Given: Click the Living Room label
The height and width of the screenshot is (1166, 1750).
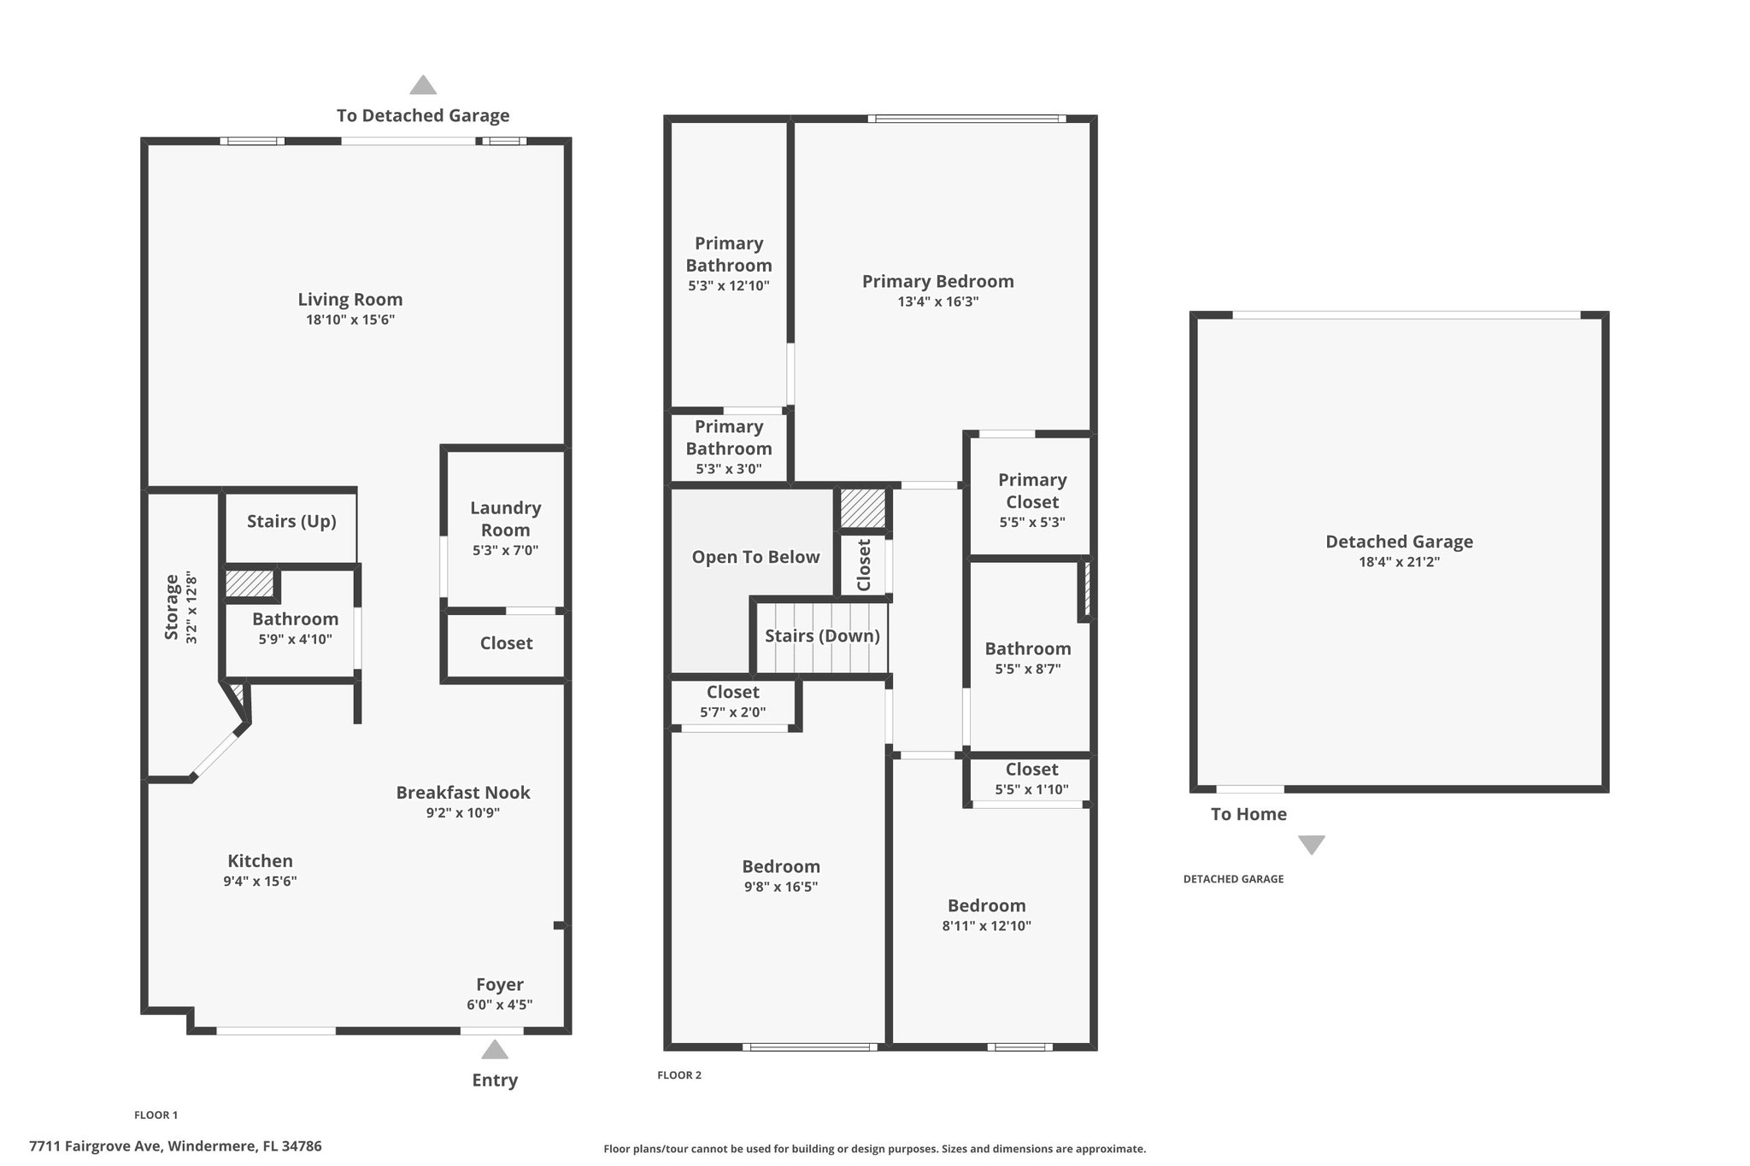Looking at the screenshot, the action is point(350,300).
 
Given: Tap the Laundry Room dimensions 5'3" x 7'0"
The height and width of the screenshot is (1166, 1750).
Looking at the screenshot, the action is point(505,551).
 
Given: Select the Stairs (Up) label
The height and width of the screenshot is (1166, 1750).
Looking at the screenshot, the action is point(291,522).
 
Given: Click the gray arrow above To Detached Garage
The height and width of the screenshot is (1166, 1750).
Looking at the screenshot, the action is point(423,85).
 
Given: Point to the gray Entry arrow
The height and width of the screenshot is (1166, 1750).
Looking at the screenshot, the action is point(495,1049).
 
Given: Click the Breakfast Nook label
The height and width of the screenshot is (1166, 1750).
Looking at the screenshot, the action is point(463,793).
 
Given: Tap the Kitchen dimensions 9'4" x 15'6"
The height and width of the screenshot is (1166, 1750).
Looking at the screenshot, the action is point(260,882).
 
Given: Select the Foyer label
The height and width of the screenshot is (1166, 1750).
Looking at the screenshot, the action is point(500,985).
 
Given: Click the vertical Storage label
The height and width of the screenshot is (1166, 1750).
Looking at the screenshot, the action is point(172,607).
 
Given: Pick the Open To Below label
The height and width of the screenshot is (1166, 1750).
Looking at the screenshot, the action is point(755,558).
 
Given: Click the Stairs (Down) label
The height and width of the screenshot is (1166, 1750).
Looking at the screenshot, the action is point(822,636).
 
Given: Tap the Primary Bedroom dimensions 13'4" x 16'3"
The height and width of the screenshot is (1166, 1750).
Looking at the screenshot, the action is point(938,302).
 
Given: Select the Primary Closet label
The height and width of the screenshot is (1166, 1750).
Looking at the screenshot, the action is point(1032,491).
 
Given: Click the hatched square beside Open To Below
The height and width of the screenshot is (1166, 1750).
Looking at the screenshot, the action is point(862,508).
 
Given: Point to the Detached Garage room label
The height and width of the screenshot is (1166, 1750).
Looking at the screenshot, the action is point(1399,542).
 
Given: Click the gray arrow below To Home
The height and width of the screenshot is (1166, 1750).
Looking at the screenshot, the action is point(1312,845).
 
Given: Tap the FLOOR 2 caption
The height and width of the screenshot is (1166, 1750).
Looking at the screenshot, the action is point(679,1075).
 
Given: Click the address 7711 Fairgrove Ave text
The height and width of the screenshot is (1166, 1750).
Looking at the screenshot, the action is point(97,1146).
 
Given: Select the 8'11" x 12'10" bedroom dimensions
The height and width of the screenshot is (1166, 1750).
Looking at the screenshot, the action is point(987,926).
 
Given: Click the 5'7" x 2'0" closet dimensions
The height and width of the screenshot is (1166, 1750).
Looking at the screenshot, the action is point(733,712).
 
